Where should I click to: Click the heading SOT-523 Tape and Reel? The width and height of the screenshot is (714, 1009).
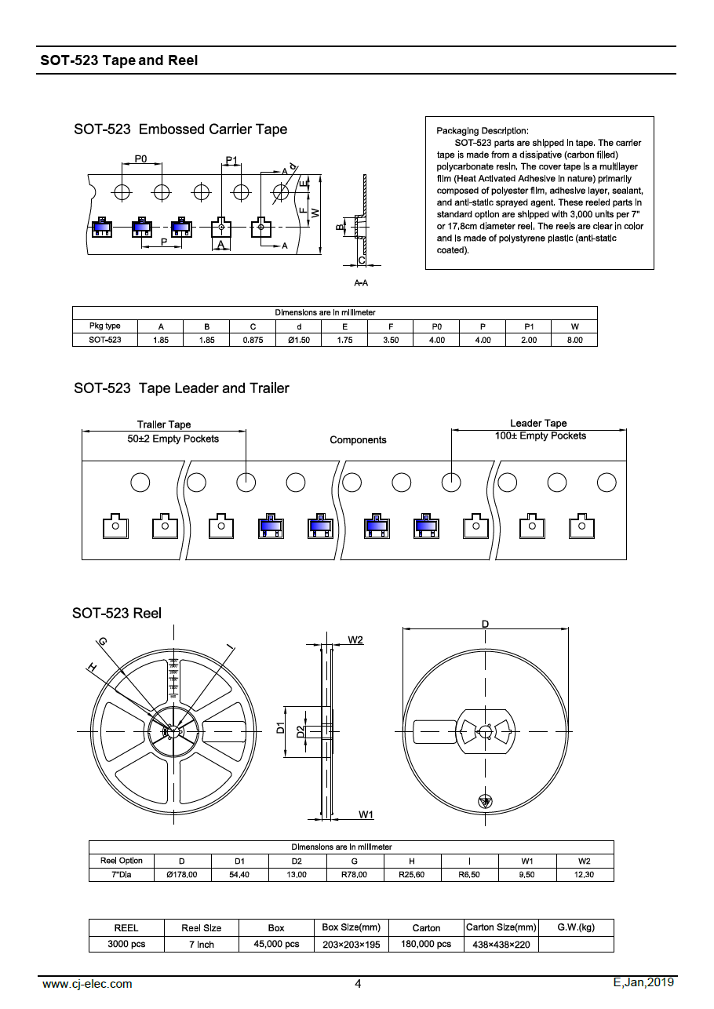[x=119, y=60]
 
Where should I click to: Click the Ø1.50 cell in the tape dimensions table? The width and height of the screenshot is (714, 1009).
[x=299, y=340]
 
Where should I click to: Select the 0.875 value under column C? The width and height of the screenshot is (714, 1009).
[x=253, y=340]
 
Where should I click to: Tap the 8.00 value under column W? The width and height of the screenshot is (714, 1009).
[x=574, y=340]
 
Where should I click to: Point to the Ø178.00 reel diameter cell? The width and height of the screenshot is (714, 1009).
[x=182, y=874]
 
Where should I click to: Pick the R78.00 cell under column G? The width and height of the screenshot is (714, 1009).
[x=355, y=874]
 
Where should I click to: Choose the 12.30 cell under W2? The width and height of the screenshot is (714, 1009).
[x=585, y=874]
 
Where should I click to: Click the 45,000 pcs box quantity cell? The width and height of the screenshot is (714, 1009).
[x=276, y=944]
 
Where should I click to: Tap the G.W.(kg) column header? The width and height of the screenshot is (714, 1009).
[x=576, y=927]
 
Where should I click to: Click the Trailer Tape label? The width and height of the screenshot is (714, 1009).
[x=164, y=424]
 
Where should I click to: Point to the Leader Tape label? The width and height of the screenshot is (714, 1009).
[x=538, y=423]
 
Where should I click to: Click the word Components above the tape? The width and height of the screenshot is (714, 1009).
[x=358, y=440]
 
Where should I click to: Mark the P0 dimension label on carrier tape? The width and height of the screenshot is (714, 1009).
[x=140, y=158]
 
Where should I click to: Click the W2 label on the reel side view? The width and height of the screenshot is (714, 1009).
[x=355, y=640]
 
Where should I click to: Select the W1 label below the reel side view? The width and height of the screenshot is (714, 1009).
[x=366, y=814]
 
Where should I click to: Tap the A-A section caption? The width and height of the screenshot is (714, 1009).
[x=362, y=282]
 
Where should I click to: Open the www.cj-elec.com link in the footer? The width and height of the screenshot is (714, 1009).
[x=87, y=984]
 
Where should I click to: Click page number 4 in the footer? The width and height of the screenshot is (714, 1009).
[x=358, y=984]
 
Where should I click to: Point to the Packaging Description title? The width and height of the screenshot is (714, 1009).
[x=483, y=130]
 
